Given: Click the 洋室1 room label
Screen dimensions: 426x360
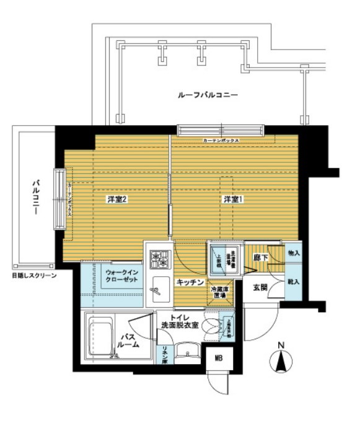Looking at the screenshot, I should point(232,199).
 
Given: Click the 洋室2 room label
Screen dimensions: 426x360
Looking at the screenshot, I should point(116,199).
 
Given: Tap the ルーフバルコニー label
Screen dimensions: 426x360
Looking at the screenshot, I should point(207,95).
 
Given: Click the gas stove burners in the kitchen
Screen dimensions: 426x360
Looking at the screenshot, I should point(159,258).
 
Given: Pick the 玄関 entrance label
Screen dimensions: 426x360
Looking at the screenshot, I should point(260,287).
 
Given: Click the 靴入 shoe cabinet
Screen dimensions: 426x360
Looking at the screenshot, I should point(294,281).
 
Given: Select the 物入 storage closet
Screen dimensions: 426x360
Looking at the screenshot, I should point(293,253).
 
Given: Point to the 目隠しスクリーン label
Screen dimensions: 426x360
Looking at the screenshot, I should point(33,275).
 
